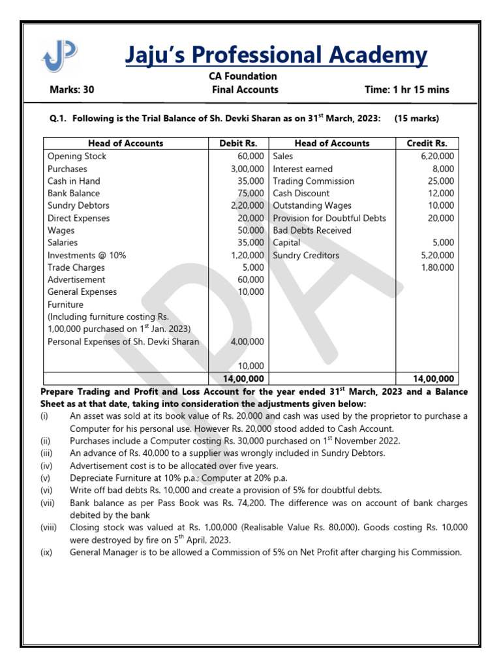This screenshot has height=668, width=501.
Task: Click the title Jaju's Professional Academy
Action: click(276, 55)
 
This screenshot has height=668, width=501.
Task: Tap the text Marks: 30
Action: click(72, 90)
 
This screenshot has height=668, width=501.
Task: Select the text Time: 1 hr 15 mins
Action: click(407, 90)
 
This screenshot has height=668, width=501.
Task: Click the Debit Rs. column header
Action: click(237, 144)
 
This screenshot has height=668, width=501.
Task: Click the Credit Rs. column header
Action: click(428, 144)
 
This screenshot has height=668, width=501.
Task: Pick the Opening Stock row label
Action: click(77, 157)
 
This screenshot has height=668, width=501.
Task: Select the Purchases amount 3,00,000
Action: click(243, 169)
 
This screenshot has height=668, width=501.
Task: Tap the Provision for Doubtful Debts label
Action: click(329, 219)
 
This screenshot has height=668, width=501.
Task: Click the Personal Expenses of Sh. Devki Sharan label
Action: click(123, 342)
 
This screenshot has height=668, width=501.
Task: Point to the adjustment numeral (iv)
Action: click(48, 466)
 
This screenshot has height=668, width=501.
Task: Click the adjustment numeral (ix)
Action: click(48, 552)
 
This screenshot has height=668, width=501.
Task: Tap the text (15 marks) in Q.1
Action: click(417, 119)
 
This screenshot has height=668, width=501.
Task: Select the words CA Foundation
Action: click(243, 76)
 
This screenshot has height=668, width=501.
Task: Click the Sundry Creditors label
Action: click(306, 256)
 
